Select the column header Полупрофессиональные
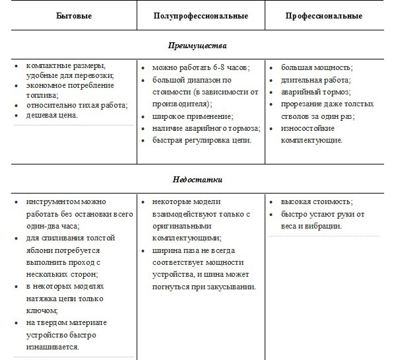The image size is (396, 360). [200, 15]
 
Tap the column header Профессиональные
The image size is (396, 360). [324, 15]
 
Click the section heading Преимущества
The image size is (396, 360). [199, 46]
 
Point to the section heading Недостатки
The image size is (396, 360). [199, 179]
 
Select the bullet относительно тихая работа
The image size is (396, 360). [77, 104]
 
